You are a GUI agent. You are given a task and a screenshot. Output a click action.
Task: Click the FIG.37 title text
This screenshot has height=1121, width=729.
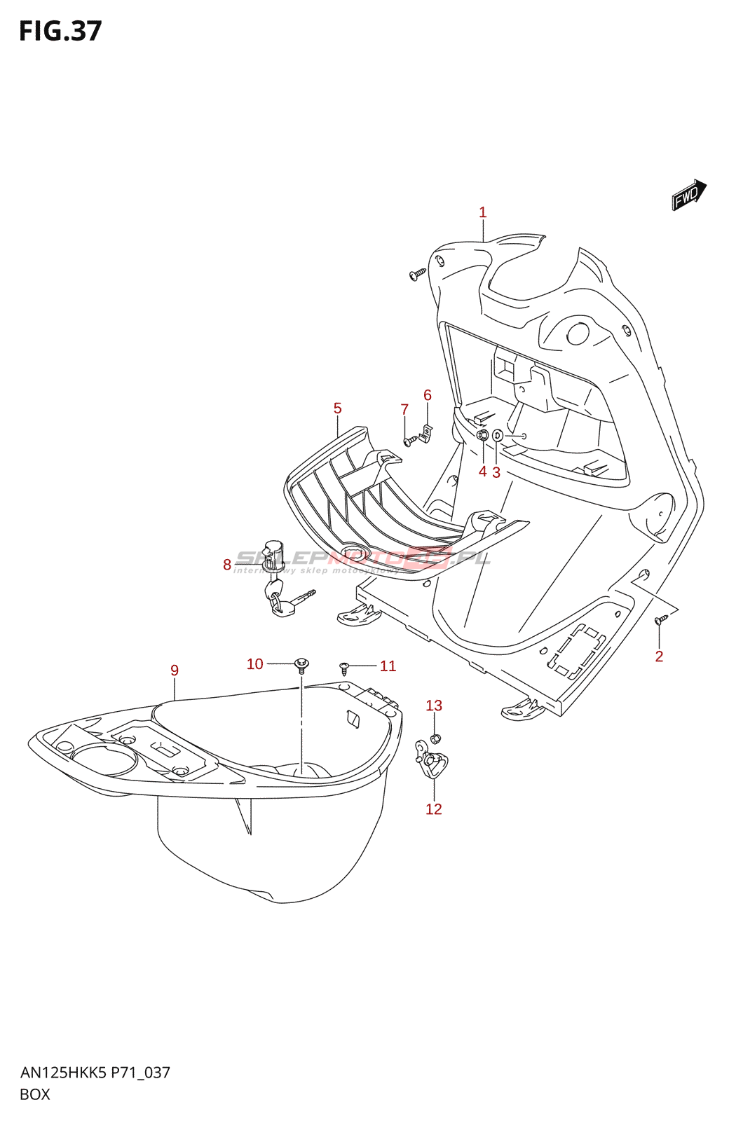[x=60, y=32]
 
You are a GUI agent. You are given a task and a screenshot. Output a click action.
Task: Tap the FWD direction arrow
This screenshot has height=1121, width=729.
[x=689, y=194]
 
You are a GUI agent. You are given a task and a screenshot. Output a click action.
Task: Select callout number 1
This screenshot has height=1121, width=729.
[x=482, y=212]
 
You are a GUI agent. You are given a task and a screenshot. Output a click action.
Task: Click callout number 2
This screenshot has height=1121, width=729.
[x=659, y=656]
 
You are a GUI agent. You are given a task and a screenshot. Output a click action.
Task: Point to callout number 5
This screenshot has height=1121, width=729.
[x=338, y=408]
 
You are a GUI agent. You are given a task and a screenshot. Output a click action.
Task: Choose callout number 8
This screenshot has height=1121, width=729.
[x=227, y=565]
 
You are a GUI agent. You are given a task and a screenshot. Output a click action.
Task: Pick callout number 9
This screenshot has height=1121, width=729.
[x=175, y=670]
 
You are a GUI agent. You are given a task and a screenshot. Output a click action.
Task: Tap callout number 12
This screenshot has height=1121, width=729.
[x=434, y=809]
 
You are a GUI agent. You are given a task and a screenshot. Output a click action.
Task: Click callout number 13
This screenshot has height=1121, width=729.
[x=434, y=706]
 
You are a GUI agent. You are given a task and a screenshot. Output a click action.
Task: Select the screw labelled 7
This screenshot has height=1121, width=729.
[x=410, y=441]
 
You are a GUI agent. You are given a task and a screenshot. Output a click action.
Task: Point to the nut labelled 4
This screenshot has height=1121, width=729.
[x=482, y=436]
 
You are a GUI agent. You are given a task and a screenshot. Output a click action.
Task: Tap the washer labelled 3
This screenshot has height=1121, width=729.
[x=498, y=436]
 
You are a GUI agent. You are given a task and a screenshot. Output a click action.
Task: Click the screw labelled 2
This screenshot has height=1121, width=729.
[x=660, y=619]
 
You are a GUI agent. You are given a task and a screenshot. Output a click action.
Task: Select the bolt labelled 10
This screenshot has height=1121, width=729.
[x=301, y=663]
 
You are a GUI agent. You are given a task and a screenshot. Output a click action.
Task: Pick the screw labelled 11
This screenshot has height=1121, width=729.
[x=344, y=666]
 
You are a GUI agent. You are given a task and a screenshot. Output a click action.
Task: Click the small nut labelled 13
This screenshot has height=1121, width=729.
[x=434, y=738]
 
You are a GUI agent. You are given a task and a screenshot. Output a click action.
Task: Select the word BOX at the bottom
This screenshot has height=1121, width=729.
[x=35, y=1094]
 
